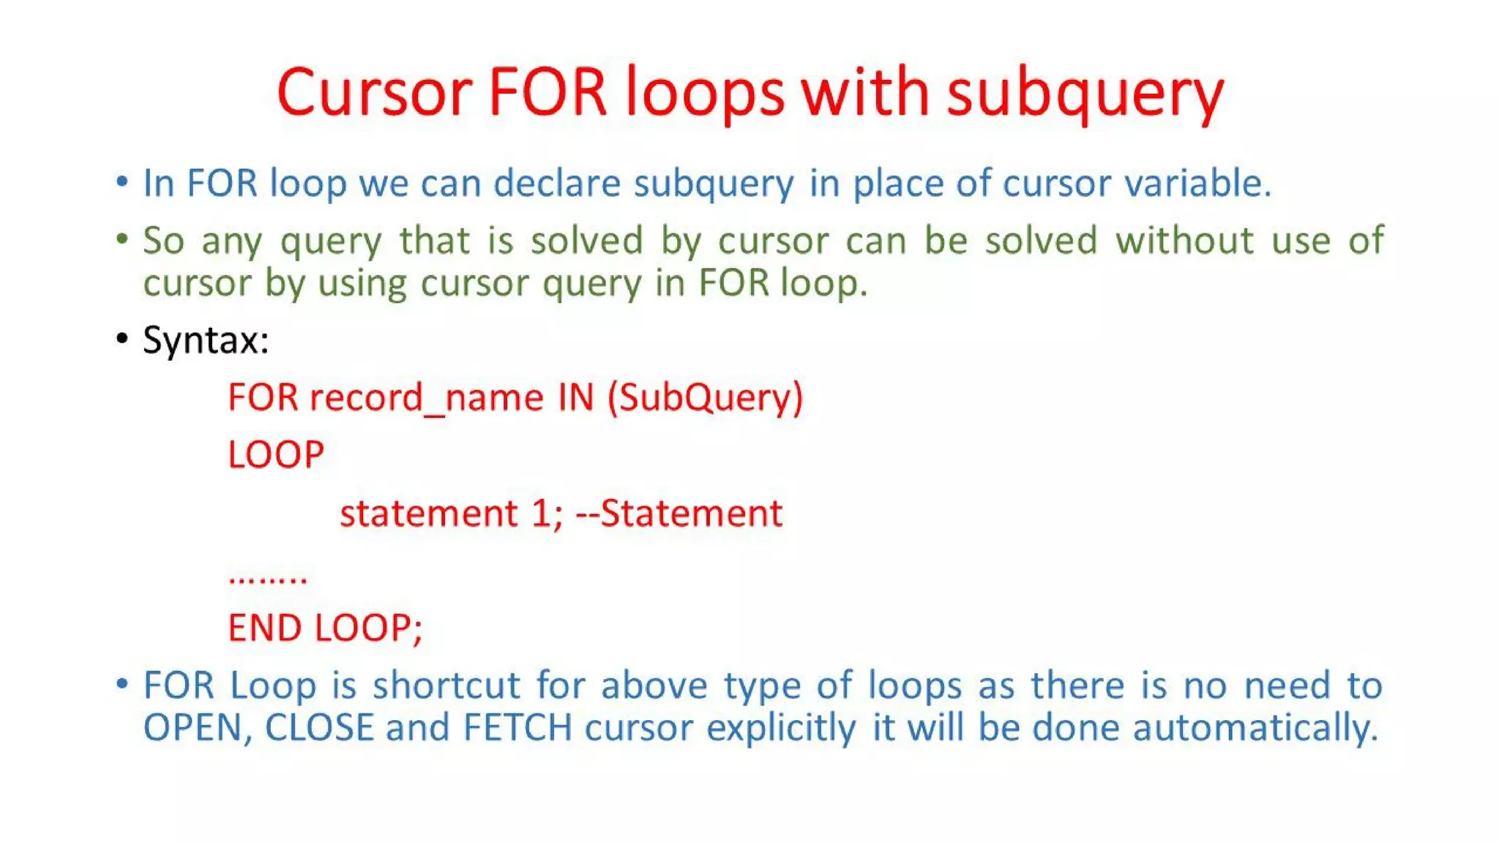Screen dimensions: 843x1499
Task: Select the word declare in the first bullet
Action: pos(557,183)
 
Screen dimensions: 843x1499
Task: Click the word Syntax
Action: pos(206,340)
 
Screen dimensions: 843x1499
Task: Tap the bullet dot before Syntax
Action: pos(122,339)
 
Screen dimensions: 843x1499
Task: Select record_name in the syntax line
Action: pos(427,398)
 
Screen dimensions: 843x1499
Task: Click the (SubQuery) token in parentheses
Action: pos(705,398)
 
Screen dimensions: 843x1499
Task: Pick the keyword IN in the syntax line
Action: pos(575,398)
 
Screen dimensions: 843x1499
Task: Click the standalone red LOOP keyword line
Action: pos(276,455)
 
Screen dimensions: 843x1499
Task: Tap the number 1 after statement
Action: pos(541,513)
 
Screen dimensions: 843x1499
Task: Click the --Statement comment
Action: pos(679,513)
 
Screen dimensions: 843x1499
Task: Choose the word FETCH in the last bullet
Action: pos(517,728)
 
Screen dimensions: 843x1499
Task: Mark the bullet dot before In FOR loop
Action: pos(122,181)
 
